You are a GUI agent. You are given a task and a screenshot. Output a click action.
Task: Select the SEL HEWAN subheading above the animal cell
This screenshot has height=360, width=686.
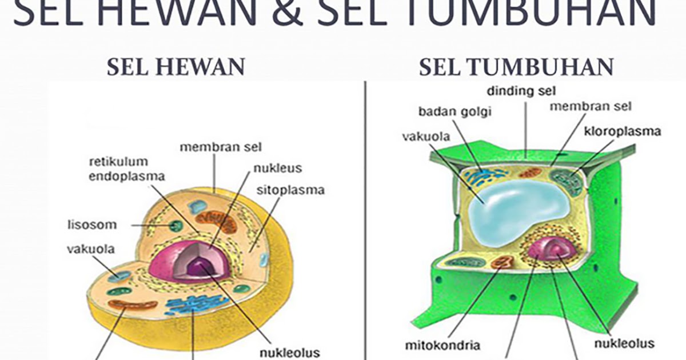176,67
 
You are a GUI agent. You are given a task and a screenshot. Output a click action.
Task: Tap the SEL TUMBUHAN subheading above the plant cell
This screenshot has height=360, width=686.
516,67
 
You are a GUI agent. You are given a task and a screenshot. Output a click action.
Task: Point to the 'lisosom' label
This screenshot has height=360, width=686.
92,225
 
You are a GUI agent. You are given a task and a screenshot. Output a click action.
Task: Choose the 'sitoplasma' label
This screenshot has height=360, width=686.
290,189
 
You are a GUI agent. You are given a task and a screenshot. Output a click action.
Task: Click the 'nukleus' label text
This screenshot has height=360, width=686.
278,169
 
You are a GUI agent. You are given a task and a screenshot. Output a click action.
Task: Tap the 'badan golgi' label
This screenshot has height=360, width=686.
455,111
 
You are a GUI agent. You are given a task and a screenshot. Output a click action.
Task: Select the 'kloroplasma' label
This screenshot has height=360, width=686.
623,131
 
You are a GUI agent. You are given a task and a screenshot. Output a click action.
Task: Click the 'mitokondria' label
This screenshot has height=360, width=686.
442,345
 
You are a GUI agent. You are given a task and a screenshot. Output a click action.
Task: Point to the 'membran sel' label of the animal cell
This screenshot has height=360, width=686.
221,147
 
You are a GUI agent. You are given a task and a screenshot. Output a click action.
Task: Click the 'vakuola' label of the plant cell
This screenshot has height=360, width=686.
426,137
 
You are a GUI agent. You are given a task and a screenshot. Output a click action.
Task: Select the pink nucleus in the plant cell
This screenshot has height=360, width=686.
547,249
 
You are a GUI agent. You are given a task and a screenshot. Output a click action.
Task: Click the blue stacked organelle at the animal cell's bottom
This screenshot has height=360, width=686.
189,305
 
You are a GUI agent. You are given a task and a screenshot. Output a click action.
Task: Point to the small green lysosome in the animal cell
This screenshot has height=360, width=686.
176,226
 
